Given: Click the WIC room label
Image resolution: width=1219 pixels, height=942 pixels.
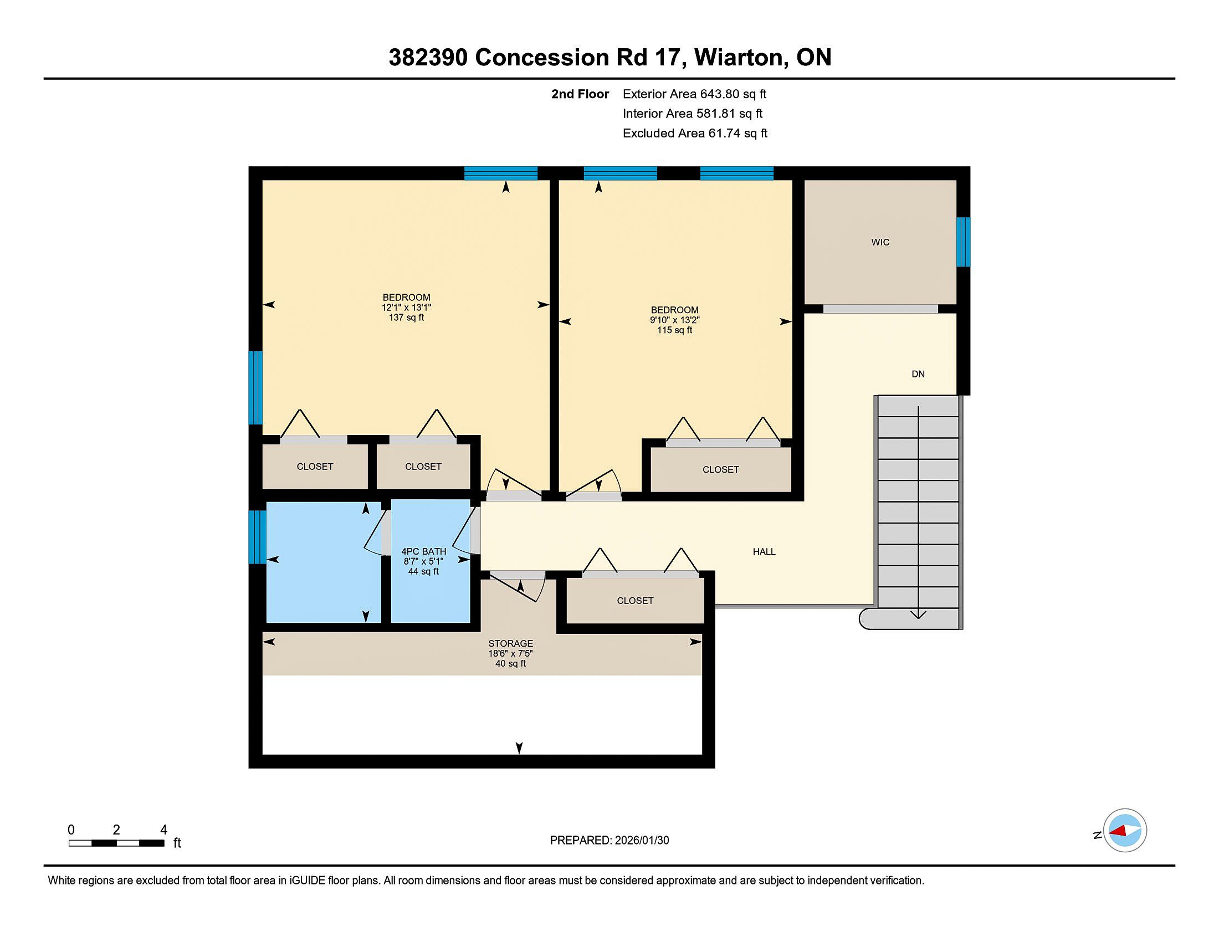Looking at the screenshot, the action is (x=880, y=242).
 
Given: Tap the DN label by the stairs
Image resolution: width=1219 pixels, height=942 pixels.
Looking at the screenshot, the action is (x=918, y=374).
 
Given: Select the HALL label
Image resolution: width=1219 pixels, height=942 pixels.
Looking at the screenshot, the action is (x=764, y=552).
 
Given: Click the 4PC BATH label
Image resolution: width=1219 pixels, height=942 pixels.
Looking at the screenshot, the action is (x=424, y=551).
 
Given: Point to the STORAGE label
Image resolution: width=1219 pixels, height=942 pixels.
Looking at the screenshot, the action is (x=511, y=643).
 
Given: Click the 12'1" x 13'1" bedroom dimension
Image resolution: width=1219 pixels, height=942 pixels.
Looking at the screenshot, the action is (x=406, y=308).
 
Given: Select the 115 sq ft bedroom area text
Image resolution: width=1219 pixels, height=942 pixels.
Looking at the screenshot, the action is (x=675, y=330).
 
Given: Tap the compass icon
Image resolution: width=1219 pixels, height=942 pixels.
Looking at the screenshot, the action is (x=1125, y=831).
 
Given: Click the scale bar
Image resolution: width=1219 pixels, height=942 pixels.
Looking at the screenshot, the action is (x=116, y=843).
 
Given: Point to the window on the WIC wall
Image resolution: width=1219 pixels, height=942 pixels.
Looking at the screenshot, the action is (x=964, y=242).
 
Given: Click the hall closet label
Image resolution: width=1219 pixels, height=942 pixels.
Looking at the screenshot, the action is (x=635, y=601).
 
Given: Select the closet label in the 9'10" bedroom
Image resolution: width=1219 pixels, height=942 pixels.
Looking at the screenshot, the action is (x=720, y=470).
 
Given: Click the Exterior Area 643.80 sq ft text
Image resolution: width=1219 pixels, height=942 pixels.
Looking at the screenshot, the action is (x=694, y=94).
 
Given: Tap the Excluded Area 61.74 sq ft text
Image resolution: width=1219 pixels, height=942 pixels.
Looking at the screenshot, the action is (x=695, y=133).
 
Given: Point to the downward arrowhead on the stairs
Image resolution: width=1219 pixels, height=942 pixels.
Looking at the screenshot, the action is (x=918, y=615).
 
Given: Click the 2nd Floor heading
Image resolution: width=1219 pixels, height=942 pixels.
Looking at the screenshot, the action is (x=580, y=94).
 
